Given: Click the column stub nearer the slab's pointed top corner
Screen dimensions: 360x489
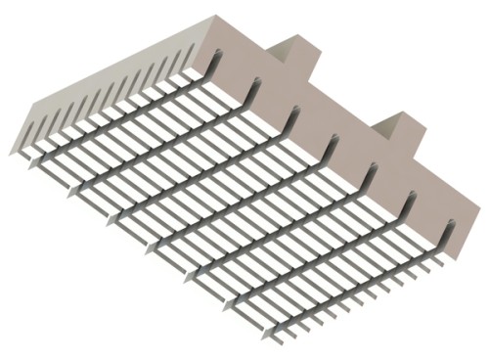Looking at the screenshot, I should [x=290, y=58].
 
